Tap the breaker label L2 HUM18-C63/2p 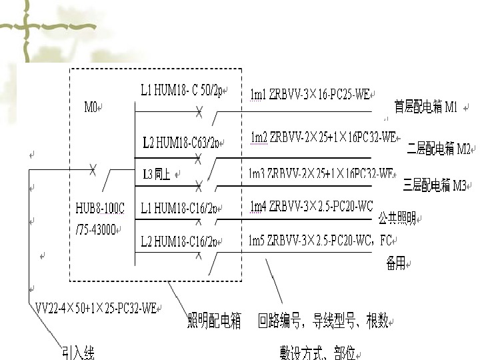(181, 141)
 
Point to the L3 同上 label (157, 175)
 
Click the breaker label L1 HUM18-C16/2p (179, 208)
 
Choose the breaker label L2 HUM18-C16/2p (179, 240)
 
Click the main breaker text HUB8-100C (100, 209)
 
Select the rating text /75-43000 (97, 229)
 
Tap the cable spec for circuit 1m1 (310, 95)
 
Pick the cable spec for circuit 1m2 (323, 137)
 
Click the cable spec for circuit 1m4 (311, 206)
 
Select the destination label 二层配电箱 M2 (438, 147)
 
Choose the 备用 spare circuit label (395, 265)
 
